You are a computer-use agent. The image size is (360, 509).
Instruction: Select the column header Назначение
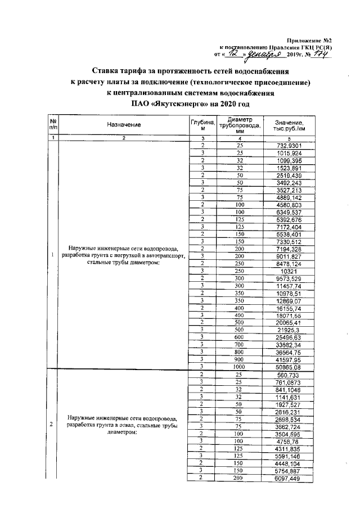click(124, 124)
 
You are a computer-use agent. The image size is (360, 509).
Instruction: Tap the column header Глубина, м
click(200, 124)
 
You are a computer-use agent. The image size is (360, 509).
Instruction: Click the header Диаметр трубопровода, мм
click(240, 124)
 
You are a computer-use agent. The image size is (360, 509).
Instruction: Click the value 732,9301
click(290, 145)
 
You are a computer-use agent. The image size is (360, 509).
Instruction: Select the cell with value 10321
click(290, 271)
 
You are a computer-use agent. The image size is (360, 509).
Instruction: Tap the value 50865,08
click(290, 365)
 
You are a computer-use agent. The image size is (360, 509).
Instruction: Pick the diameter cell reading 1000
click(240, 365)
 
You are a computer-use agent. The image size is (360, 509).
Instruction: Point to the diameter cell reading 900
click(240, 358)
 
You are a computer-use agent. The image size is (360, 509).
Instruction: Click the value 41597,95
click(290, 358)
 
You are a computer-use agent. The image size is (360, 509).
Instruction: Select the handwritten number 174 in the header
click(320, 54)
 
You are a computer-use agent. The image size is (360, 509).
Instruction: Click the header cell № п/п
click(52, 125)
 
